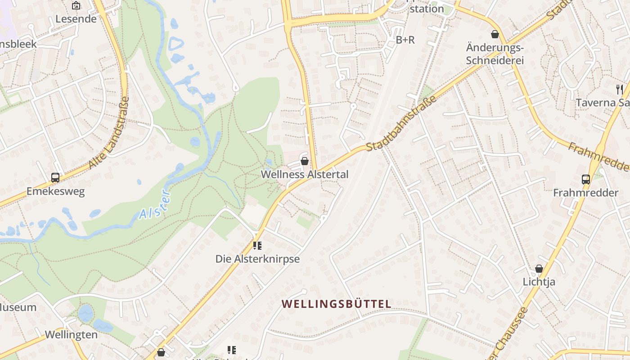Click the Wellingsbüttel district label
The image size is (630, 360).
coord(337,304)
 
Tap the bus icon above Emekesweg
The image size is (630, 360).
coord(55,178)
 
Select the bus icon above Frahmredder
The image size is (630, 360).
coord(586,180)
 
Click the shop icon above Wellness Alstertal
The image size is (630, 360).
coord(305,161)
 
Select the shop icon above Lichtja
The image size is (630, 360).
coord(539,269)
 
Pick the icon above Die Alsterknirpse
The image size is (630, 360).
coord(257,246)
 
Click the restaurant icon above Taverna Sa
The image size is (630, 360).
coord(620,89)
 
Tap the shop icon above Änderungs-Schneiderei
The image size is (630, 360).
coord(495,34)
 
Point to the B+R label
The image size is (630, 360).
coord(405,40)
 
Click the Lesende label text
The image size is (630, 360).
coord(76,19)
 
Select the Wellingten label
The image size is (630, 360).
coord(71,335)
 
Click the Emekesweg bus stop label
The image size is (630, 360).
coord(55,191)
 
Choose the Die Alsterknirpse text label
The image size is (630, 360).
coord(257,259)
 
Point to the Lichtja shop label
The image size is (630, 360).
coord(539,282)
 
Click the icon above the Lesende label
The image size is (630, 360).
coord(76,6)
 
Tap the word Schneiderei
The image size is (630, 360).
coord(495,60)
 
